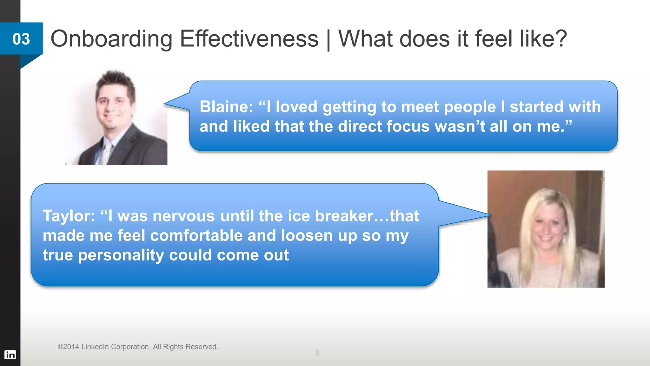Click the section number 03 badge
(x=21, y=39)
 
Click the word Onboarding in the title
(x=111, y=39)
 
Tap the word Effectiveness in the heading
(x=249, y=39)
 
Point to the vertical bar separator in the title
(x=328, y=40)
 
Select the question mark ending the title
(x=561, y=38)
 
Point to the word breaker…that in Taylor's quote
(x=367, y=216)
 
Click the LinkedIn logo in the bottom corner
(x=10, y=354)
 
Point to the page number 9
(x=317, y=353)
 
